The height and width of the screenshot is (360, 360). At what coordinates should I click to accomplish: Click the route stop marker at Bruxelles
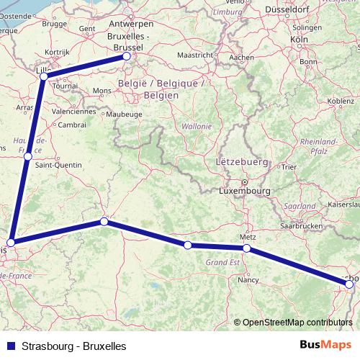pos(126,55)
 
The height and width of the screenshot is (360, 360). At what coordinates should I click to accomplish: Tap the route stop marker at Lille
pos(44,76)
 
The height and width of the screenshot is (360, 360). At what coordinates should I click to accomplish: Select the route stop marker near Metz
pos(246,248)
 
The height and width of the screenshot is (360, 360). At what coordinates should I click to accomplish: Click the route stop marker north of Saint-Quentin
pos(27,156)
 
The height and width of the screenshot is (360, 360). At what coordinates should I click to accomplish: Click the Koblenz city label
pos(339,102)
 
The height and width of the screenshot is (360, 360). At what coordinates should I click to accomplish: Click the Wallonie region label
pos(197,126)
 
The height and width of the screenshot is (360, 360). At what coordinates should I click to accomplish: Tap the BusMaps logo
pos(325,345)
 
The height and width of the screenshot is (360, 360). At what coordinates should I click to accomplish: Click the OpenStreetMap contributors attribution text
pos(297,322)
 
